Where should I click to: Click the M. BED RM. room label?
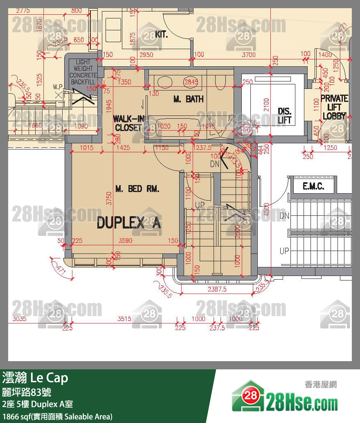[x=137, y=189]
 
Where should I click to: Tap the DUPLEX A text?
[x=128, y=224]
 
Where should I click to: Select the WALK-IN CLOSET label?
[x=128, y=123]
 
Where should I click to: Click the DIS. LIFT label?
[x=284, y=115]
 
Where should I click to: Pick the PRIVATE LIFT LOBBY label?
[x=334, y=107]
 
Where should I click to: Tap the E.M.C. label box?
[x=313, y=187]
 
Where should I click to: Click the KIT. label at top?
[x=161, y=34]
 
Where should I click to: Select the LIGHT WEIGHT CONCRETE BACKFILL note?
[x=83, y=72]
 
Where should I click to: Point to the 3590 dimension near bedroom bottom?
[x=125, y=241]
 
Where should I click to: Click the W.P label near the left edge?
[x=57, y=87]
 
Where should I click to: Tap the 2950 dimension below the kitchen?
[x=146, y=54]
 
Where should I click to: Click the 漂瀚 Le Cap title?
[x=35, y=378]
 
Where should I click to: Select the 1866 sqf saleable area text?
[x=57, y=416]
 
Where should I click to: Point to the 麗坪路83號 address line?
[x=27, y=392]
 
